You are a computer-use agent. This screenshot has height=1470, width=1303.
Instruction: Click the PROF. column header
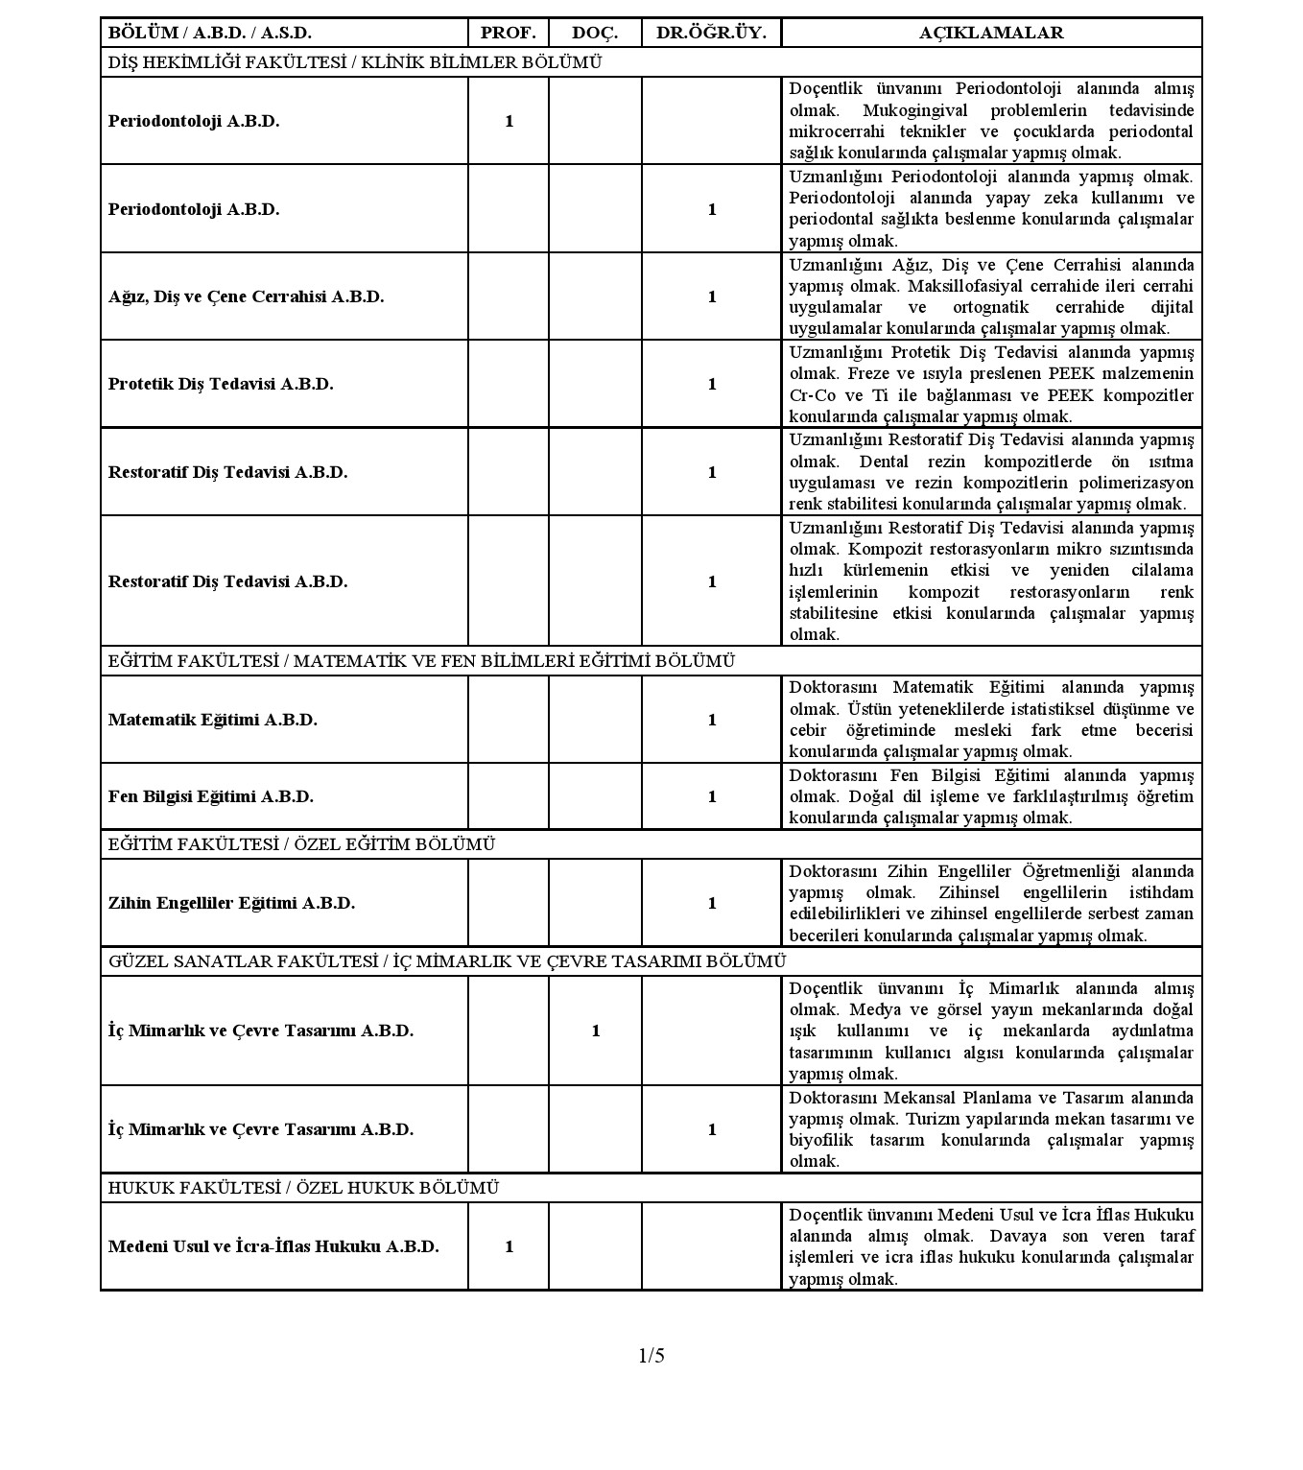pyautogui.click(x=508, y=33)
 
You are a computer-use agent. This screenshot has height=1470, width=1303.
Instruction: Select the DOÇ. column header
pyautogui.click(x=595, y=33)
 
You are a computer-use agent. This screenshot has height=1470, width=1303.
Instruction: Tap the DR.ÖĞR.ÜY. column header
pyautogui.click(x=711, y=33)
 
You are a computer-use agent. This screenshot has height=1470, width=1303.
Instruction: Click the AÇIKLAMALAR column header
pyautogui.click(x=991, y=33)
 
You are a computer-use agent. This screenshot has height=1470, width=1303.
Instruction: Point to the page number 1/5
pyautogui.click(x=651, y=1355)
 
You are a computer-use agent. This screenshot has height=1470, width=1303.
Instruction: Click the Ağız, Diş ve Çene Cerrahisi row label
pyautogui.click(x=246, y=296)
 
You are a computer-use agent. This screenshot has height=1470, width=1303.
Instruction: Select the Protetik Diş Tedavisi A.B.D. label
pyautogui.click(x=221, y=384)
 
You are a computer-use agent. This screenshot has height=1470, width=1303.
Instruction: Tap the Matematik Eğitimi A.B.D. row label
pyautogui.click(x=212, y=720)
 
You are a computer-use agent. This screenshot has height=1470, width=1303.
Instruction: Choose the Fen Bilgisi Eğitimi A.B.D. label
pyautogui.click(x=211, y=796)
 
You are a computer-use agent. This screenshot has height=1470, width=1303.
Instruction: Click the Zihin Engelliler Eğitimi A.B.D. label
pyautogui.click(x=231, y=903)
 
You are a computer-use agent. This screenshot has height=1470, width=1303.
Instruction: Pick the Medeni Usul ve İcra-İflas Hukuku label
pyautogui.click(x=273, y=1246)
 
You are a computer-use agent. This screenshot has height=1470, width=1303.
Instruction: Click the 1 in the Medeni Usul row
pyautogui.click(x=509, y=1246)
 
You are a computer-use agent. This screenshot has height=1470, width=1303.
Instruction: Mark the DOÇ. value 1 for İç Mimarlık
pyautogui.click(x=595, y=1031)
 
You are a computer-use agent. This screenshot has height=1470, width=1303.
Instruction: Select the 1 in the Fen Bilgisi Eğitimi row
pyautogui.click(x=712, y=796)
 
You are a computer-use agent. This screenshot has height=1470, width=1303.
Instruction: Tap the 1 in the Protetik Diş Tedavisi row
pyautogui.click(x=712, y=384)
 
